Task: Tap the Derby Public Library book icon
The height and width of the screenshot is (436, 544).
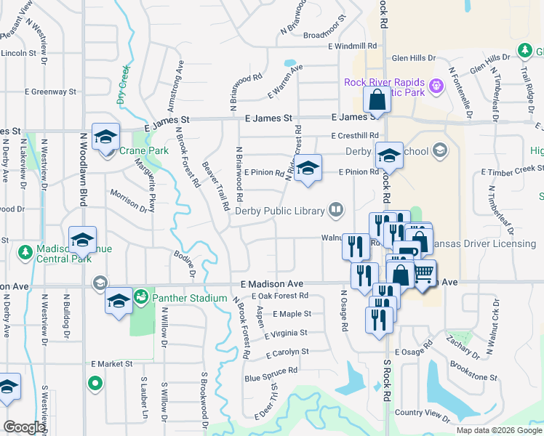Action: pos(335,211)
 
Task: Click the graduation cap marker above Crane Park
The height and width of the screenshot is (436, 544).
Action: pos(106,137)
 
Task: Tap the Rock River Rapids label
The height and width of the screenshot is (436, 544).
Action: pos(385,81)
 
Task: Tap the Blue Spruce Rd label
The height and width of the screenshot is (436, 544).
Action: pos(271,370)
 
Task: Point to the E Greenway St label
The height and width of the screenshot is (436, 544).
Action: pos(50,92)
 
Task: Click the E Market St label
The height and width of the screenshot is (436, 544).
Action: pos(111,363)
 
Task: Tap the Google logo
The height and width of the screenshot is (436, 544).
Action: pos(24,427)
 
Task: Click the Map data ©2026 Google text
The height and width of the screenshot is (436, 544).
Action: pos(498,430)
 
